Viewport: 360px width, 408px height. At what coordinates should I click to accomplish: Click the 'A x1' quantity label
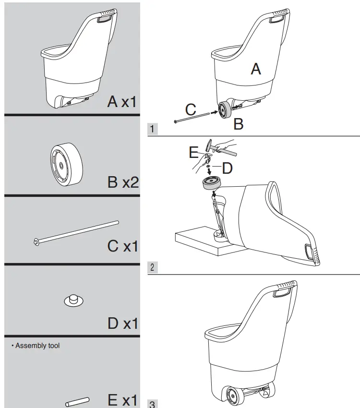(122, 101)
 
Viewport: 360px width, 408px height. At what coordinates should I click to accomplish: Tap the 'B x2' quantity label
(123, 182)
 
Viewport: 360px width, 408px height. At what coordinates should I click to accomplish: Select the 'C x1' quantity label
(122, 246)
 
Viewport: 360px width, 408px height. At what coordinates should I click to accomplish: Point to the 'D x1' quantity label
(122, 323)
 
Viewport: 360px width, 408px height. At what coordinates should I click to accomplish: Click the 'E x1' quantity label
(123, 399)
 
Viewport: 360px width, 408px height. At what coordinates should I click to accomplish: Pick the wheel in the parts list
(64, 164)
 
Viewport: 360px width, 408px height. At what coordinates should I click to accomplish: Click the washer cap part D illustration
(74, 300)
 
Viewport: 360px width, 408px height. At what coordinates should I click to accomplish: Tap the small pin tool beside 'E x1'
(77, 401)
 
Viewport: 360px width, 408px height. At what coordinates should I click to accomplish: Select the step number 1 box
(153, 129)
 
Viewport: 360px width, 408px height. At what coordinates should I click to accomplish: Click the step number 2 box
(153, 267)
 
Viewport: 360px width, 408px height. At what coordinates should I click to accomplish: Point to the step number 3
(153, 404)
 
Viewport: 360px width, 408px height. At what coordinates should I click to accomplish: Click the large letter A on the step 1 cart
(256, 69)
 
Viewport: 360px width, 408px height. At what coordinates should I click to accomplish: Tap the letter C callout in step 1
(191, 109)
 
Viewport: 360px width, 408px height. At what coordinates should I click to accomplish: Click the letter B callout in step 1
(238, 124)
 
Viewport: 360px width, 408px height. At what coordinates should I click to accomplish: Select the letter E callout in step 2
(193, 153)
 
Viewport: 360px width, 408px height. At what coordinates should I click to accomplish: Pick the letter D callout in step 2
(227, 168)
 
